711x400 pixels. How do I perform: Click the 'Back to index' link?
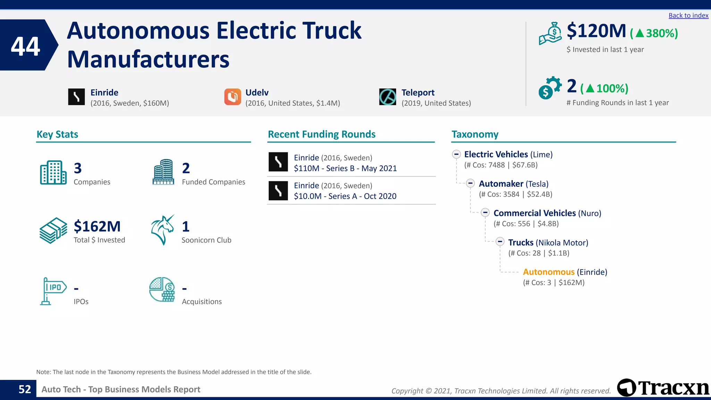coord(688,16)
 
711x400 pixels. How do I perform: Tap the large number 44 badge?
coord(26,46)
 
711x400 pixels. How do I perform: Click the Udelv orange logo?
coord(233,97)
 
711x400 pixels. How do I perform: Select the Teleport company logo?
coord(387,97)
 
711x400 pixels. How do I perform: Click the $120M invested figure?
coord(596,31)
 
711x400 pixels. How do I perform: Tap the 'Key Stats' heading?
coord(57,134)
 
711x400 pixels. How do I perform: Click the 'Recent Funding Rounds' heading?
coord(321,134)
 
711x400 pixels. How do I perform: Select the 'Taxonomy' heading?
coord(475,134)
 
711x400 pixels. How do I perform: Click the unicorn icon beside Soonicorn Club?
coord(162,230)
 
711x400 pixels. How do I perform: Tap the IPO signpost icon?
coord(52,291)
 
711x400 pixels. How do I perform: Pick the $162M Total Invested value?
coord(97,226)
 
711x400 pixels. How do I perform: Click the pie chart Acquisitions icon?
coord(162,289)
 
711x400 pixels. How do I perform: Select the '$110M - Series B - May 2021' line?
coord(345,168)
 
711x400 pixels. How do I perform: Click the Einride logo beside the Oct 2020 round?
coord(278,191)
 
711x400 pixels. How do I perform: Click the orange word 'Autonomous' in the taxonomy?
coord(549,272)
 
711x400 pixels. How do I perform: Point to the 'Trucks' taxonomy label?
coord(520,242)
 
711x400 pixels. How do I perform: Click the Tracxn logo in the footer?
coord(663,387)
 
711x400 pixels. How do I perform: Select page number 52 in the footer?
coord(25,389)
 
